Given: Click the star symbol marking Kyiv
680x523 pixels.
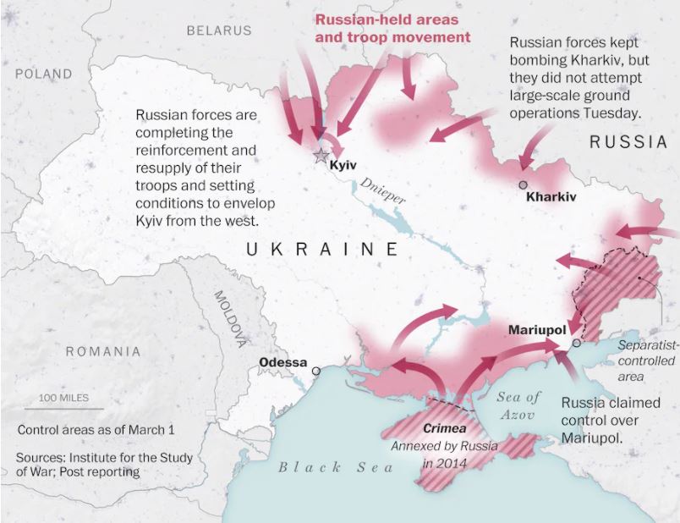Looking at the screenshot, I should (321, 156).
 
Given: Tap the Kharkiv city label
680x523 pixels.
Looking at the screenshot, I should (551, 197).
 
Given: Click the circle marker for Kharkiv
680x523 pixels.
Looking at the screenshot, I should (523, 184).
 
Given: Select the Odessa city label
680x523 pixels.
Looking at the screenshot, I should (282, 363).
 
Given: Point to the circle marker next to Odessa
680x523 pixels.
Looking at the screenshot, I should (316, 370).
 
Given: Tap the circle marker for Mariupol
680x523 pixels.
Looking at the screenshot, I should (576, 343).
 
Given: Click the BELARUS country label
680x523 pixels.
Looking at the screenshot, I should (219, 30).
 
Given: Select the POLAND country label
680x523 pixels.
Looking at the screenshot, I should (43, 74).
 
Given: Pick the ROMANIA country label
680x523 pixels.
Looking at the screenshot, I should (104, 350).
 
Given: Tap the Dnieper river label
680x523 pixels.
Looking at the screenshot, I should (382, 191).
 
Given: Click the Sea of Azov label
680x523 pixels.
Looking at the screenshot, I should (518, 405).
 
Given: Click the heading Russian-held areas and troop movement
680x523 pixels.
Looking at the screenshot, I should (392, 29).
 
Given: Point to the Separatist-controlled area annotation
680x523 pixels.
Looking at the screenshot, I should (645, 361).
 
